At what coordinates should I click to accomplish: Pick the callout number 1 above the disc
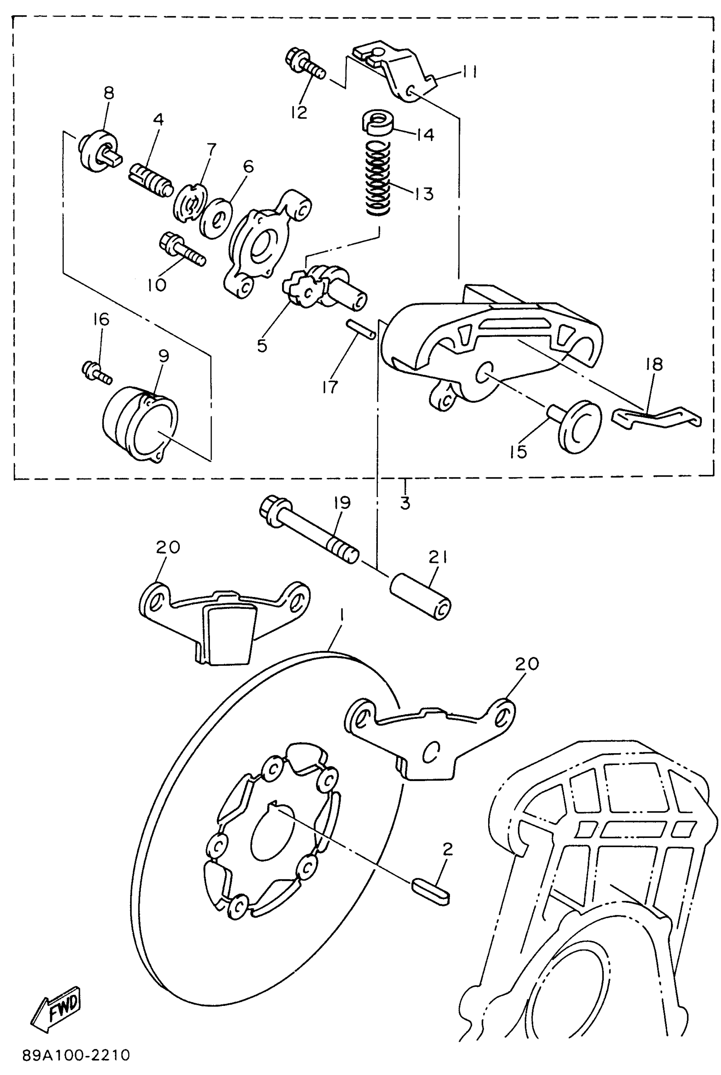coord(341,615)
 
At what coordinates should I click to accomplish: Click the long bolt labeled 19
coord(308,529)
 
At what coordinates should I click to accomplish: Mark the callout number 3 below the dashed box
coord(405,503)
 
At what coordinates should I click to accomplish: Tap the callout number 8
coord(109,93)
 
